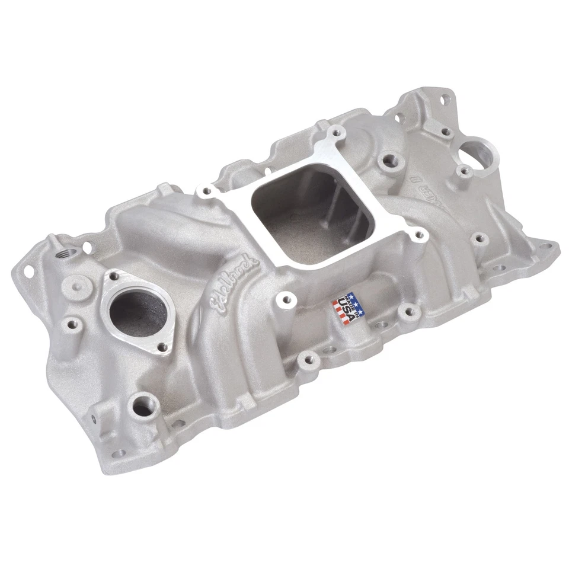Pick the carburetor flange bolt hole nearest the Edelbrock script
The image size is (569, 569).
pos(207,191)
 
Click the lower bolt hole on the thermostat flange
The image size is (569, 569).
pos(164,347)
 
